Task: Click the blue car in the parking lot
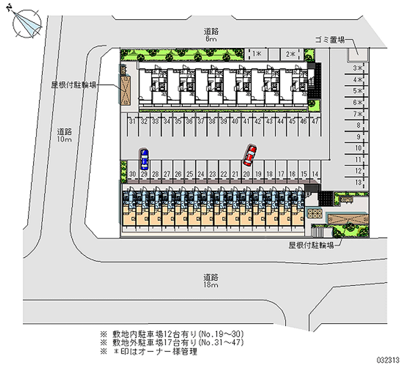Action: coord(144,159)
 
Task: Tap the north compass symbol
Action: coord(26,22)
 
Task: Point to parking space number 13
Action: coord(358,182)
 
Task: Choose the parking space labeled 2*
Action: coord(291,53)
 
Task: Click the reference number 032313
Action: coord(388,359)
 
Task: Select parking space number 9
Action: coord(358,136)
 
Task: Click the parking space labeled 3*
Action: coord(358,68)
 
